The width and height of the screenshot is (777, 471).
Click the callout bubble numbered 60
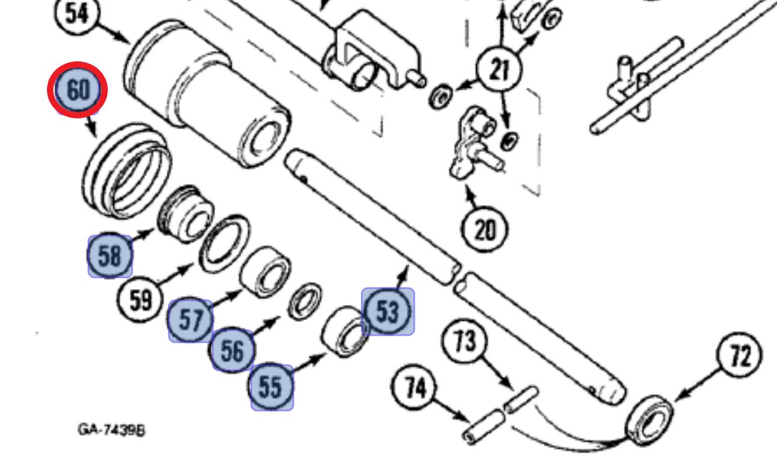click(78, 90)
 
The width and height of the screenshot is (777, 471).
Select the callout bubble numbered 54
click(77, 13)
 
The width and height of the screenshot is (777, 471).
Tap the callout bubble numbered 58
click(110, 256)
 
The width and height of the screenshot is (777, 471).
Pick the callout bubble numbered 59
click(140, 299)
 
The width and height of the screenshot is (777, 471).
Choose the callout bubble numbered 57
click(190, 320)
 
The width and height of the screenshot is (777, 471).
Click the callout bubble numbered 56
click(232, 349)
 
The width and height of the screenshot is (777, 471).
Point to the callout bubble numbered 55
click(271, 386)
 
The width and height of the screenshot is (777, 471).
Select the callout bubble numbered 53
click(387, 311)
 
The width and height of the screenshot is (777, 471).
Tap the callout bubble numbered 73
click(465, 341)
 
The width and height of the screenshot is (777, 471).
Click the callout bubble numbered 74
click(414, 387)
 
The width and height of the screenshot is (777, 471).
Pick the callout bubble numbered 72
click(739, 356)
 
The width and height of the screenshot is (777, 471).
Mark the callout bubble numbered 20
click(484, 229)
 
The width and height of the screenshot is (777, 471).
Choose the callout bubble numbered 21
click(499, 70)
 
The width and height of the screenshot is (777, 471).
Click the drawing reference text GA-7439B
click(112, 430)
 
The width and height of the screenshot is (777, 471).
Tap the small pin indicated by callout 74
click(484, 427)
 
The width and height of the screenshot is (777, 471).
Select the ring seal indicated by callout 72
click(649, 420)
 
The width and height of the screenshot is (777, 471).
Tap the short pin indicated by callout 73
click(521, 400)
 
